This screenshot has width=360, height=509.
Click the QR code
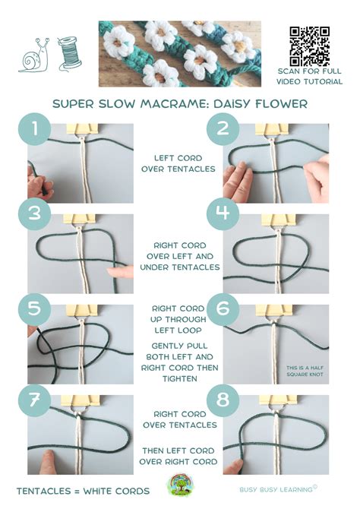tap(309, 45)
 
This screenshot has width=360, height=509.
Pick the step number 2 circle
tap(223, 128)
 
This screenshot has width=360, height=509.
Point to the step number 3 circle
tap(34, 214)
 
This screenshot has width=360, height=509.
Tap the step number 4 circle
tap(223, 214)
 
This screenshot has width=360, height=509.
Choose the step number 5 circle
tap(34, 308)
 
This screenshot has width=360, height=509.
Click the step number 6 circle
tap(223, 308)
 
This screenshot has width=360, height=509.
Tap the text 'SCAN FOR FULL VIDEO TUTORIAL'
tap(310, 76)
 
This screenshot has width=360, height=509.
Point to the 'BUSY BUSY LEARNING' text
tap(273, 491)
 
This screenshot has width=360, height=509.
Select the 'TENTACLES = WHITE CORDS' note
tap(83, 491)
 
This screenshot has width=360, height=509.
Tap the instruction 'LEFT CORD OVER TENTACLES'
tap(178, 163)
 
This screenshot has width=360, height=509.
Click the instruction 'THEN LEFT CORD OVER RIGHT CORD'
tap(178, 456)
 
